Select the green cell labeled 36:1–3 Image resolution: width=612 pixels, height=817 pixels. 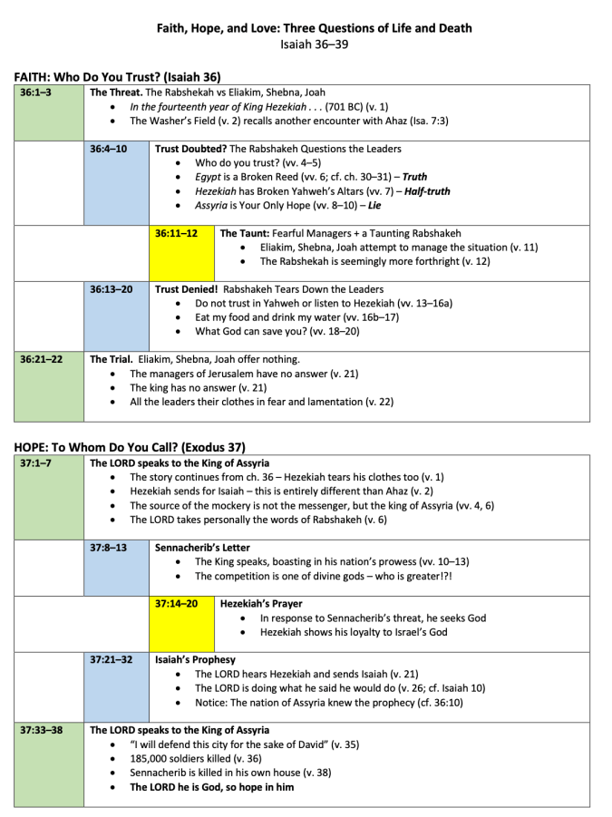coord(49,112)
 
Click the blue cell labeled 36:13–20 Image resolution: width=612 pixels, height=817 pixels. coord(116,316)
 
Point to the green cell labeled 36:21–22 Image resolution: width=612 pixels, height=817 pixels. coord(49,386)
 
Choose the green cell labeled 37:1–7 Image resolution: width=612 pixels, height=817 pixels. coord(49,497)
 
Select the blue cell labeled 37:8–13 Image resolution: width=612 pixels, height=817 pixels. coord(116,568)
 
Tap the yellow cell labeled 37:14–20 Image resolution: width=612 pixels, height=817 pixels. coord(182,624)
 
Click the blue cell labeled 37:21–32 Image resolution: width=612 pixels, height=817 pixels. coord(116,686)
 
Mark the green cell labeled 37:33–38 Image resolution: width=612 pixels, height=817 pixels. coord(49,764)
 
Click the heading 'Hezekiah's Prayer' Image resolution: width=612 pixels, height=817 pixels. coord(261,603)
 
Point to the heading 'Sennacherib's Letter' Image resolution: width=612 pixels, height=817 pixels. coord(202,548)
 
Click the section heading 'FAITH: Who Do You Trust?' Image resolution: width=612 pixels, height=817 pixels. coord(118,77)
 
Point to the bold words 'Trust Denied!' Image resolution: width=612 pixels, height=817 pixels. coord(186,289)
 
